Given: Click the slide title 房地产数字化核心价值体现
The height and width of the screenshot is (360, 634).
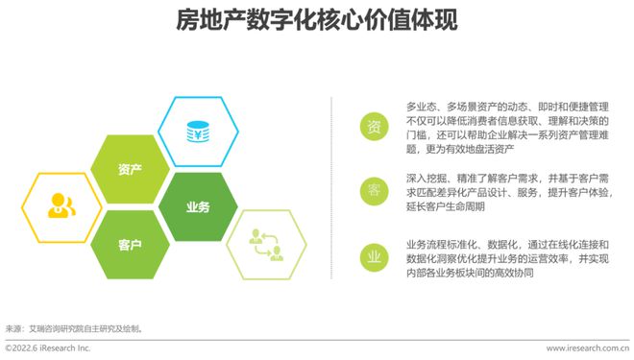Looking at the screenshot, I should (x=317, y=22).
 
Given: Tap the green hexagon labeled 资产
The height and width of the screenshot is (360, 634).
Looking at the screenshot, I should (x=130, y=170).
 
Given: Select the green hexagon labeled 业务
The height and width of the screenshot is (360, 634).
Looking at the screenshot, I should (x=197, y=207).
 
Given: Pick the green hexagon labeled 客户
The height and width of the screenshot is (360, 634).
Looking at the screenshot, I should (x=130, y=245).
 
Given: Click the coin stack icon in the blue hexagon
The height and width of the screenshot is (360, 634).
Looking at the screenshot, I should (x=198, y=131).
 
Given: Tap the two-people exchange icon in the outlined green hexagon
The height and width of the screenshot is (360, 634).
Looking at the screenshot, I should (x=266, y=245).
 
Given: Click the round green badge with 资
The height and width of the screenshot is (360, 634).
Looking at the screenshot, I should (x=374, y=126).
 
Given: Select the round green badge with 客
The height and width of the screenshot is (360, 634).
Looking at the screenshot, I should (x=374, y=190).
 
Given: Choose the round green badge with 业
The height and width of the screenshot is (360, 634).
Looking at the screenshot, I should (x=374, y=256).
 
